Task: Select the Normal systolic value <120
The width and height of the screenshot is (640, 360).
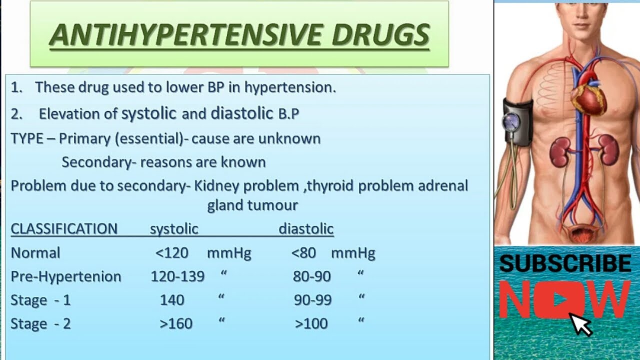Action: click(x=172, y=253)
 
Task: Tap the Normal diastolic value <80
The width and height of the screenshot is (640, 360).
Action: click(x=303, y=253)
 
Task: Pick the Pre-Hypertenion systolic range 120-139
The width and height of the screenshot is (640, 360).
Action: click(x=177, y=276)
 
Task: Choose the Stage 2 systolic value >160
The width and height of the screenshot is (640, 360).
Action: click(x=176, y=323)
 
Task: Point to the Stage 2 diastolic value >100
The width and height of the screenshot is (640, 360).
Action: click(x=311, y=323)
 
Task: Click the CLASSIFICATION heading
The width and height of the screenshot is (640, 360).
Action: click(x=64, y=229)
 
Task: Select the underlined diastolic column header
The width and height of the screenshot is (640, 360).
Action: click(x=306, y=229)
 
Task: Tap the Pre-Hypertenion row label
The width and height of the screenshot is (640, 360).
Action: click(x=66, y=276)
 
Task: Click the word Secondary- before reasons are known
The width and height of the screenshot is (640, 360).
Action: click(x=99, y=162)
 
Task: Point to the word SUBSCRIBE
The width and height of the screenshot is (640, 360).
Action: click(x=565, y=263)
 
